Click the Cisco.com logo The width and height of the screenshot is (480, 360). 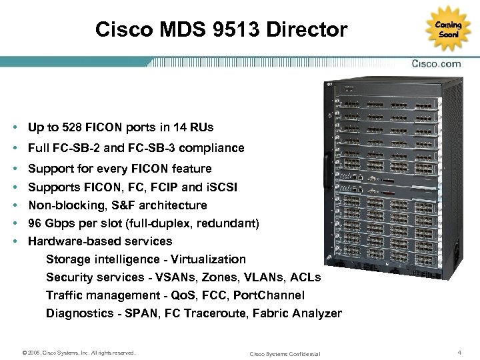tap(437, 65)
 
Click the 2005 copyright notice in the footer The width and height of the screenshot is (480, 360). tap(78, 352)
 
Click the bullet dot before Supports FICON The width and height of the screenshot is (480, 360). tap(14, 187)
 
